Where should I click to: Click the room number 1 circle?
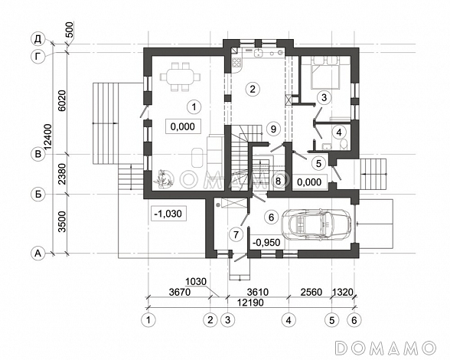[x=194, y=107]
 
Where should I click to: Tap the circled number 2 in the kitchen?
[x=253, y=89]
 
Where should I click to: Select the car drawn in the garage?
[x=316, y=223]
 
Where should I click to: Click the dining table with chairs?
[x=181, y=77]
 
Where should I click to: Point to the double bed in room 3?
[x=325, y=72]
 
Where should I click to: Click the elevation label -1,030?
[x=168, y=214]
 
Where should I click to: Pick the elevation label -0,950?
[x=266, y=243]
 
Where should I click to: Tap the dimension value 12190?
[x=250, y=303]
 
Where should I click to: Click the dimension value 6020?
[x=63, y=100]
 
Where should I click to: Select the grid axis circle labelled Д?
[x=38, y=39]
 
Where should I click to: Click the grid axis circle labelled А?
[x=38, y=254]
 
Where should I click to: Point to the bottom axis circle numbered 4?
[x=289, y=319]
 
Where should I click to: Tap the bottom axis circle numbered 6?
[x=354, y=319]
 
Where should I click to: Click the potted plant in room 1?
[x=163, y=178]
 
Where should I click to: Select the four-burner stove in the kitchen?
[x=236, y=62]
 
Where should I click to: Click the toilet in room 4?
[x=344, y=144]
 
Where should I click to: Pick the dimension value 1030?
[x=196, y=281]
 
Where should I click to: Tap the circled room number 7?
[x=236, y=234]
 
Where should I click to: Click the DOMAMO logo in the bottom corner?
[x=386, y=347]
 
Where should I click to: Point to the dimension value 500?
[x=70, y=29]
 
